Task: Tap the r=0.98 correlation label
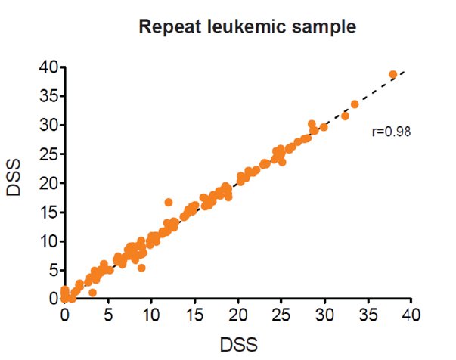coord(391,131)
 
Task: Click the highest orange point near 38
coord(393,75)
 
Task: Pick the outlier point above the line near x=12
coord(169,203)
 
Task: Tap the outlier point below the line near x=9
coord(141,268)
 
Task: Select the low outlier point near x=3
coord(92,292)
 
